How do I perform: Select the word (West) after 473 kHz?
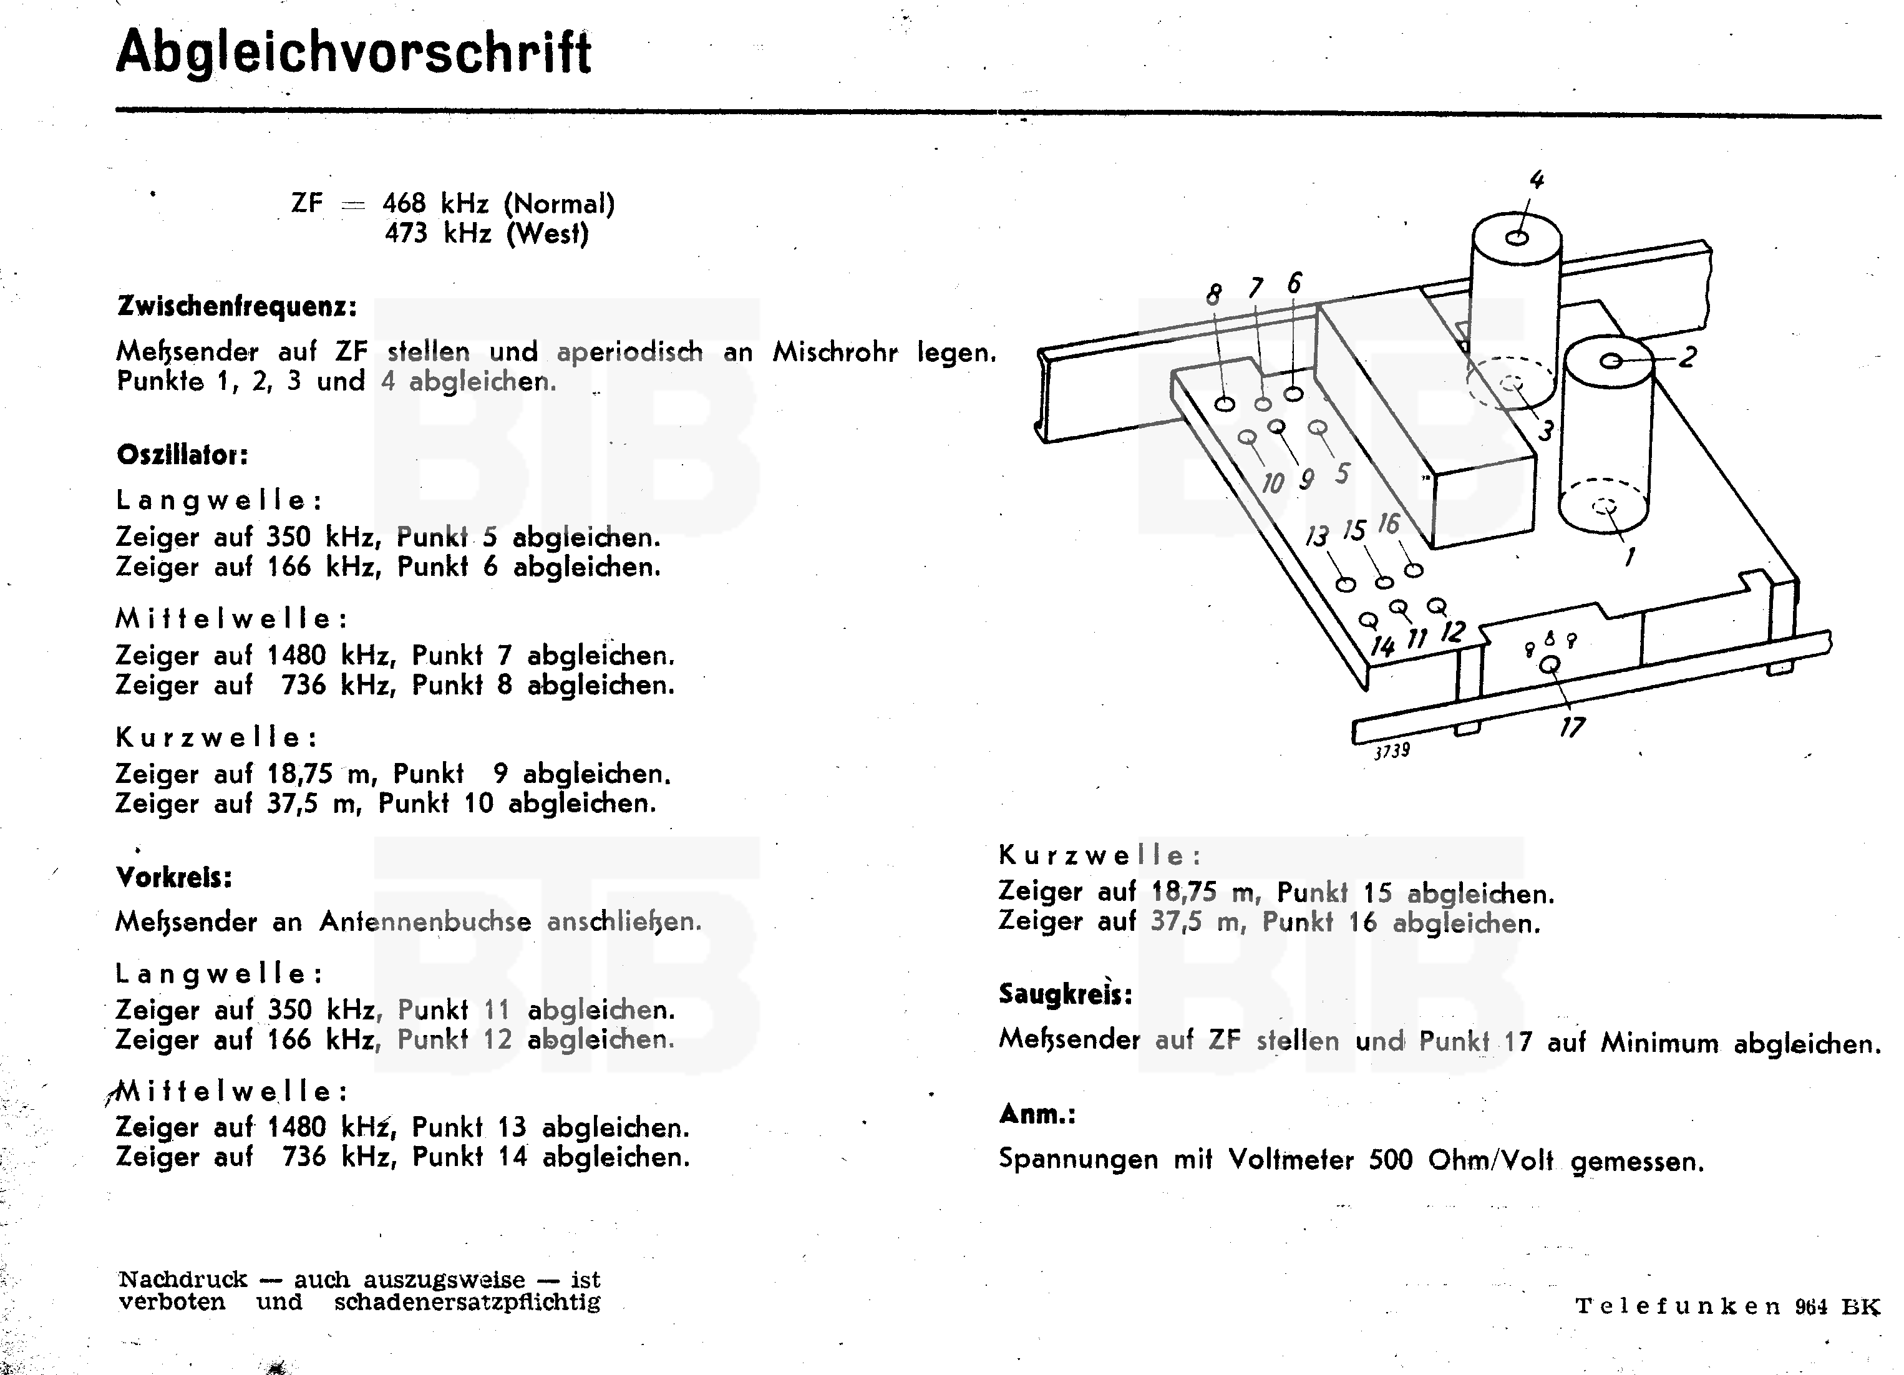(547, 233)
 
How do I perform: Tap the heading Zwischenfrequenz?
(236, 307)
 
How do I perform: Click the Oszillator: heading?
(182, 456)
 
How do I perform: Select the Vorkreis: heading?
(174, 878)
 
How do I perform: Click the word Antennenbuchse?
(425, 921)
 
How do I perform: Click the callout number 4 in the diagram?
(1537, 180)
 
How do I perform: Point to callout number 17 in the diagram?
(1572, 727)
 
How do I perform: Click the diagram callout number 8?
(1214, 294)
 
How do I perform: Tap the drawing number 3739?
(1391, 750)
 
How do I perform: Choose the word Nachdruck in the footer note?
(183, 1280)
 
